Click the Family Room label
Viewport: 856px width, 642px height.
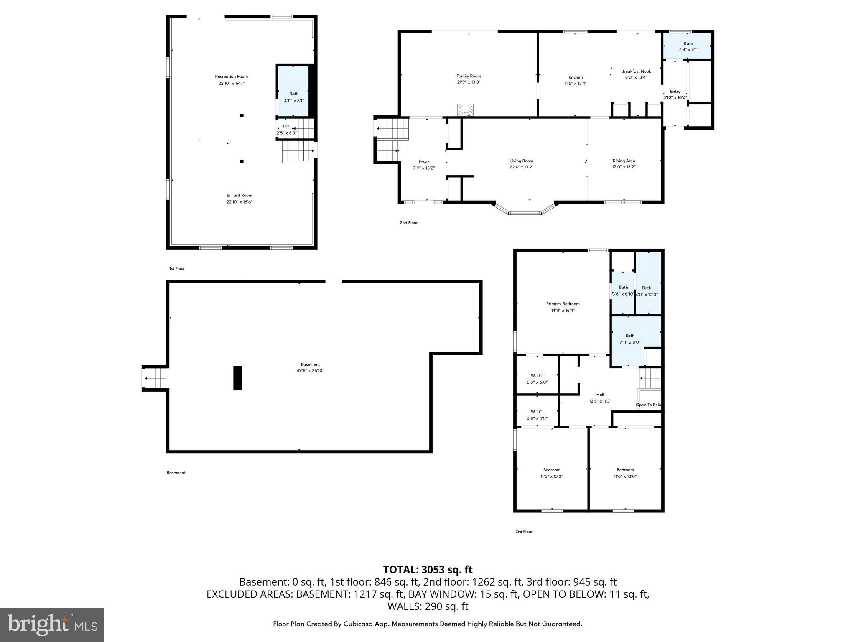469,76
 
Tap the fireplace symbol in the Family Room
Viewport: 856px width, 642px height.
466,110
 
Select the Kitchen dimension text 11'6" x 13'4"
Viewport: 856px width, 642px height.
576,83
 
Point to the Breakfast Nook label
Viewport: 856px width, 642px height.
636,71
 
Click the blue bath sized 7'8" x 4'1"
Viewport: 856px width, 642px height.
688,46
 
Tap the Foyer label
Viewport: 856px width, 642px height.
424,162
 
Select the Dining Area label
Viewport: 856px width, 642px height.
624,161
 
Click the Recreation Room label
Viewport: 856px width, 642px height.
231,76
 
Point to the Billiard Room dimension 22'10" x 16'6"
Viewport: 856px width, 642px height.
239,202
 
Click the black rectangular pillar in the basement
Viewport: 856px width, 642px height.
237,378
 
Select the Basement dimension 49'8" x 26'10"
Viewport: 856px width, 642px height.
310,371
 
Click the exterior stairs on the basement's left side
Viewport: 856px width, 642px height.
155,378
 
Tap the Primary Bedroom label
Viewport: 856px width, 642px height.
563,304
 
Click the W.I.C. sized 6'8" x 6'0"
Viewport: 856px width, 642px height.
537,379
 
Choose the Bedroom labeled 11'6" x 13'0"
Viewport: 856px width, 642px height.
625,473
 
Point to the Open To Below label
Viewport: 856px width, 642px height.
648,405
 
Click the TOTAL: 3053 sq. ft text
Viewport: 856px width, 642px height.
428,570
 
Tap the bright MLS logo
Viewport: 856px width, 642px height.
52,624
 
